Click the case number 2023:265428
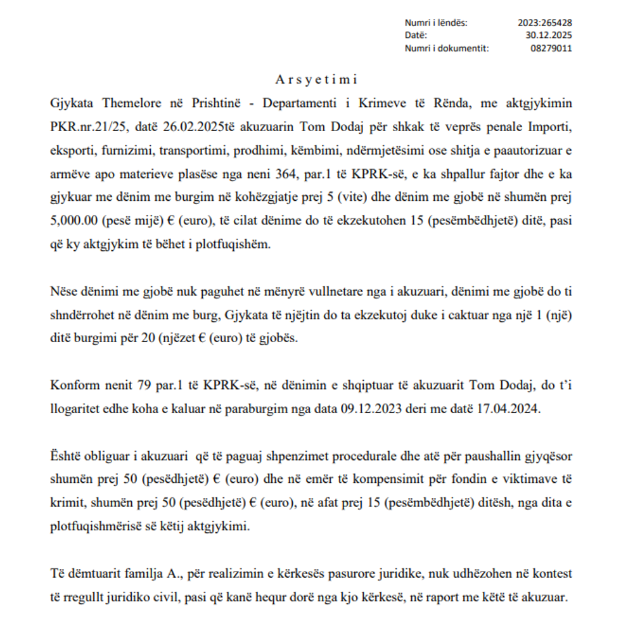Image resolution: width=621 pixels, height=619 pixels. point(544,23)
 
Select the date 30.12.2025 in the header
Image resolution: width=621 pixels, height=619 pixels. point(549,35)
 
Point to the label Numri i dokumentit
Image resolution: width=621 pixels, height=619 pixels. point(446,48)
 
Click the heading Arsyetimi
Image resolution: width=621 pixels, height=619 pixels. point(316,80)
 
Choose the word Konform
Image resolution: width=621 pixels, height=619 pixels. point(72,385)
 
